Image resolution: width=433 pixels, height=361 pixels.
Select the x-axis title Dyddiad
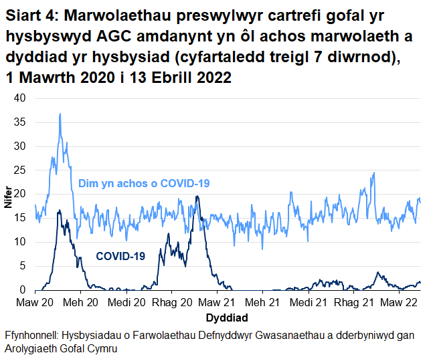227,318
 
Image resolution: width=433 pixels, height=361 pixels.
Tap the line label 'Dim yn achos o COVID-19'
144,183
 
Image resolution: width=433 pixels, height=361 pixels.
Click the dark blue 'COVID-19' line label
120,255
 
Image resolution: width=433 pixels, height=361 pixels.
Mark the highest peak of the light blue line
60,114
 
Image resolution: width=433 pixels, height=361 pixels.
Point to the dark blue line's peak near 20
197,196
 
